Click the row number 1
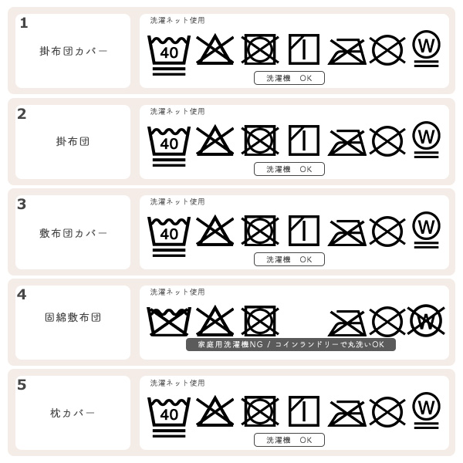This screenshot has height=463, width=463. [x=24, y=23]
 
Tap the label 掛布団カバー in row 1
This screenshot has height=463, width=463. [x=73, y=51]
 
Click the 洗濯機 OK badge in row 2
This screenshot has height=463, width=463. [x=289, y=169]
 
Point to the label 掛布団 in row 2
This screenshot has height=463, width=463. [x=73, y=142]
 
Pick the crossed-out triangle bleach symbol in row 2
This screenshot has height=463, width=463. [x=215, y=140]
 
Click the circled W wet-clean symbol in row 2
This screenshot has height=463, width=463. [x=426, y=137]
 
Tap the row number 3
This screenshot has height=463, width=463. [x=22, y=204]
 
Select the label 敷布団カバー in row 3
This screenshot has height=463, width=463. [x=73, y=233]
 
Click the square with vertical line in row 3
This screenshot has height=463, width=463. [x=304, y=230]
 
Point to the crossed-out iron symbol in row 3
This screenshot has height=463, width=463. [x=347, y=231]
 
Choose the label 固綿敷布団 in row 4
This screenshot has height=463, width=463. [x=73, y=317]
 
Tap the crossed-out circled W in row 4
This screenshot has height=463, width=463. [x=425, y=320]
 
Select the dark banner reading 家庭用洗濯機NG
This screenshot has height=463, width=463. [x=291, y=344]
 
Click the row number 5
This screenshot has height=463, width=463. [x=22, y=385]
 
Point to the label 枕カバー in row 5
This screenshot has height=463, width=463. [x=73, y=414]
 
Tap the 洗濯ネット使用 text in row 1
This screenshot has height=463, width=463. [x=177, y=21]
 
